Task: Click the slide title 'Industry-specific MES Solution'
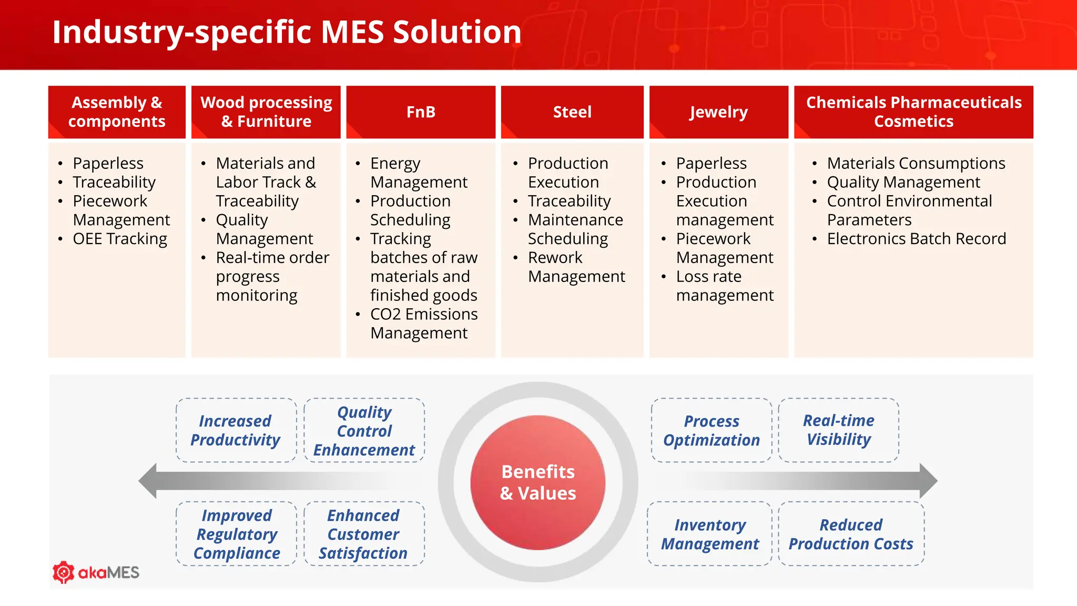(287, 32)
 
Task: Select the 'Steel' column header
(572, 112)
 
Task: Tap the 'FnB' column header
(421, 112)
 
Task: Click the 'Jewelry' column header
(718, 112)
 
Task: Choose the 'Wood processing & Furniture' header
(266, 112)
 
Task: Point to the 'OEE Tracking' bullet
(120, 239)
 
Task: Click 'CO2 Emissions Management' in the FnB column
(423, 324)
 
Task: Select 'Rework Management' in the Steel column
(576, 267)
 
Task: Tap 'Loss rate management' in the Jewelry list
(724, 286)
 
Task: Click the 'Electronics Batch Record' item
(916, 239)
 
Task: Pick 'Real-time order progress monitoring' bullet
(272, 277)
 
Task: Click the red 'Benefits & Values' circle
(537, 482)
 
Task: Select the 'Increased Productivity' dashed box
(236, 430)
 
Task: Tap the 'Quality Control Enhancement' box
(364, 430)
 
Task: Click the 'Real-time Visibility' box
(838, 430)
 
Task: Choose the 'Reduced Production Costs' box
(851, 534)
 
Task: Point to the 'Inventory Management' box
(709, 534)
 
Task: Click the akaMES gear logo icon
(64, 572)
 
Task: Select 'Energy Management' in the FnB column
(418, 173)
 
